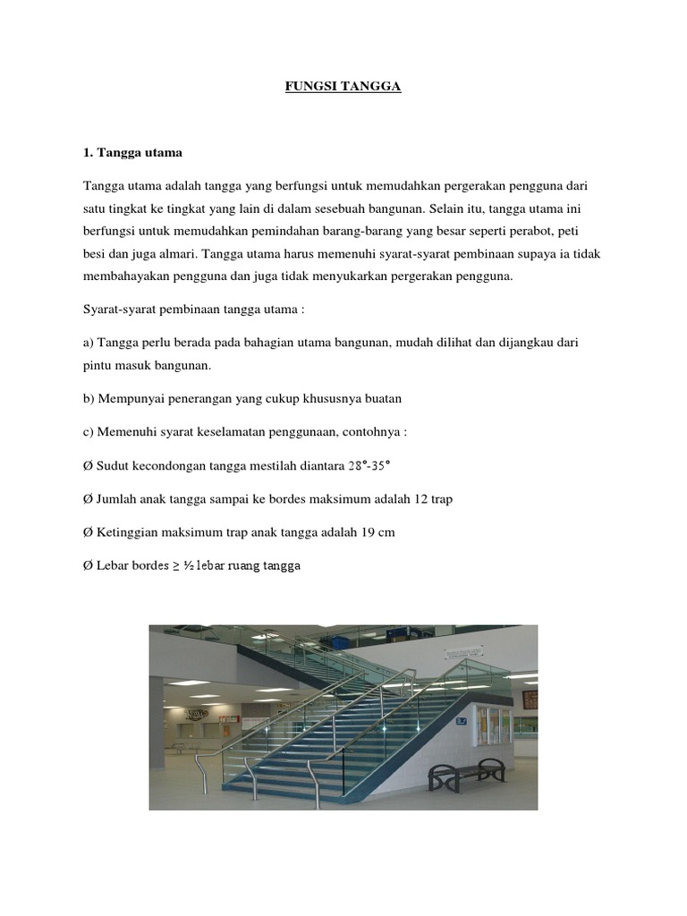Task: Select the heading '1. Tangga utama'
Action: point(132,153)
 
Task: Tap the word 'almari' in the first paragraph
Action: point(181,253)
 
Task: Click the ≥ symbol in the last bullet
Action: point(175,566)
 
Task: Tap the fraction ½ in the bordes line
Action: point(188,566)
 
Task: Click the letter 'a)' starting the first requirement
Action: point(89,343)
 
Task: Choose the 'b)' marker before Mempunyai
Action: point(89,398)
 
